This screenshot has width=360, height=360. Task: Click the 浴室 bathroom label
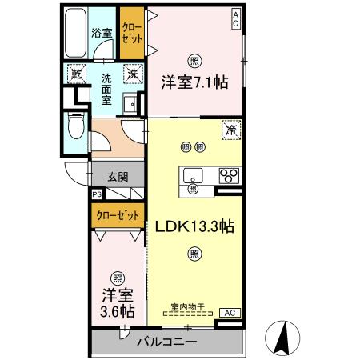point(101,34)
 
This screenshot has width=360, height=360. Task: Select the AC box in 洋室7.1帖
point(236,18)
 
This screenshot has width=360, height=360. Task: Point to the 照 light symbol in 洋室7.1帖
point(194,61)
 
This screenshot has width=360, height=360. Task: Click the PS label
point(97,194)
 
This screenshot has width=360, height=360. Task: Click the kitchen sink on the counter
point(194,176)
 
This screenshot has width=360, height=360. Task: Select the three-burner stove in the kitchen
point(228,176)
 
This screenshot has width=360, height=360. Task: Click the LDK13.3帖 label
point(194,227)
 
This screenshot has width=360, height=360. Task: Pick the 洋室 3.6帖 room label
point(117,302)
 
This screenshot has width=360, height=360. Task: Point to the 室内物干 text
point(188,306)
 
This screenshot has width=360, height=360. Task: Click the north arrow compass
point(284,336)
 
